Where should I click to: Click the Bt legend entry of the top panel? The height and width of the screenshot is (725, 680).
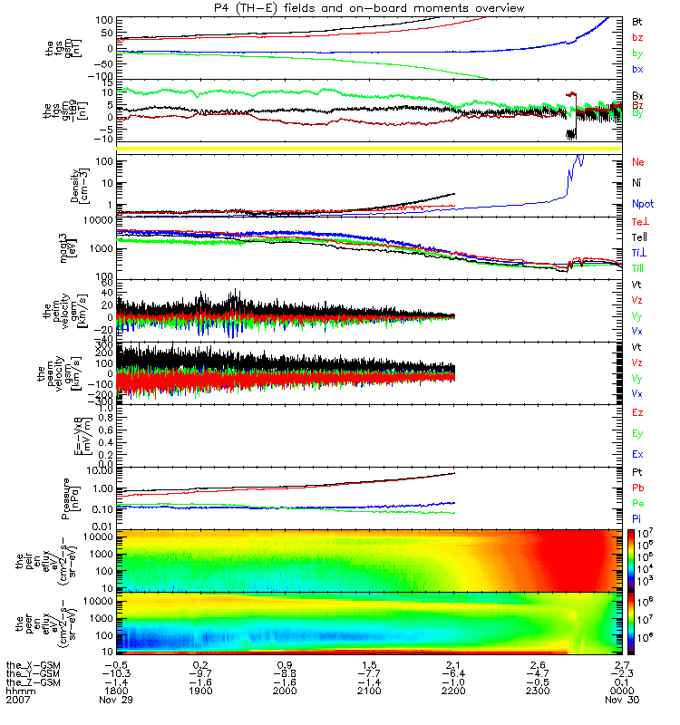tap(637, 21)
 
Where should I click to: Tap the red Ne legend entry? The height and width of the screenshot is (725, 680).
tap(638, 162)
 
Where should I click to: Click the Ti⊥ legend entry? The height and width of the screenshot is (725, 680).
tap(639, 252)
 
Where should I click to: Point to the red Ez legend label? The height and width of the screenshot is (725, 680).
tap(638, 412)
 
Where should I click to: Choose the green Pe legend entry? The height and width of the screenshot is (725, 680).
tap(638, 501)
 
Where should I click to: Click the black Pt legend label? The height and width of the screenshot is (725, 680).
tap(637, 472)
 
